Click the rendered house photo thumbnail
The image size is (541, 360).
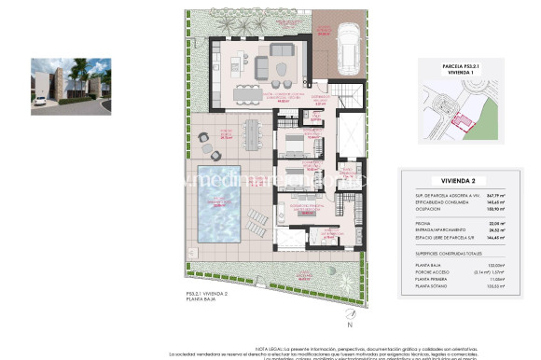(x=71, y=79)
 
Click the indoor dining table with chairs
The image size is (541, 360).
(x=247, y=90)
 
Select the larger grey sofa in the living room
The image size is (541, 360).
(x=283, y=50)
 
